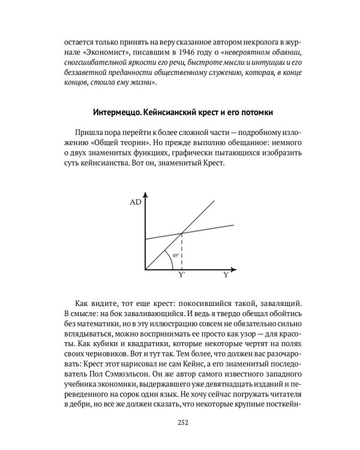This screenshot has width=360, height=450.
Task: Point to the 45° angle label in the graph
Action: click(175, 255)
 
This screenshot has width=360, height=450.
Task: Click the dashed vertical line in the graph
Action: click(182, 252)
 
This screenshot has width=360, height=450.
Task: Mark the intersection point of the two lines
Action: click(182, 232)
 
